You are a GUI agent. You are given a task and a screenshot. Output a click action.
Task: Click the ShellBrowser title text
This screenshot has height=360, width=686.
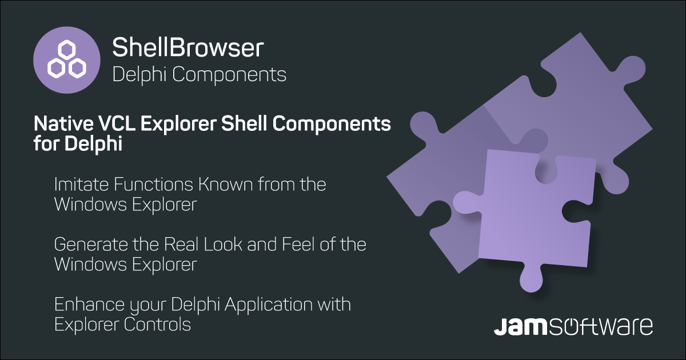[x=188, y=47]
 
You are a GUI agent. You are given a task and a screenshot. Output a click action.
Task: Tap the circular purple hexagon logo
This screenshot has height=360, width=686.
[x=67, y=60]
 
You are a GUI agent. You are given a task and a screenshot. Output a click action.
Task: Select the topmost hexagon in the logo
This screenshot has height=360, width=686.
[x=67, y=50]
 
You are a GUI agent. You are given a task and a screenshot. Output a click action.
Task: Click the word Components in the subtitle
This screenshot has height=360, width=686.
[x=229, y=74]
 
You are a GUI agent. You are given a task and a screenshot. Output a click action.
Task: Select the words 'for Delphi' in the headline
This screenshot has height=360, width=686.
[x=78, y=144]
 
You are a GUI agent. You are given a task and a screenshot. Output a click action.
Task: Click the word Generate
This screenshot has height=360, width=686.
[x=91, y=245]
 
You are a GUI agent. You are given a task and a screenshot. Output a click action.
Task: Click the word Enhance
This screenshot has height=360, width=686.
[x=89, y=304]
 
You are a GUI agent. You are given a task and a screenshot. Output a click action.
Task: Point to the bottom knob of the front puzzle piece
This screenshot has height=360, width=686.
[x=531, y=279]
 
